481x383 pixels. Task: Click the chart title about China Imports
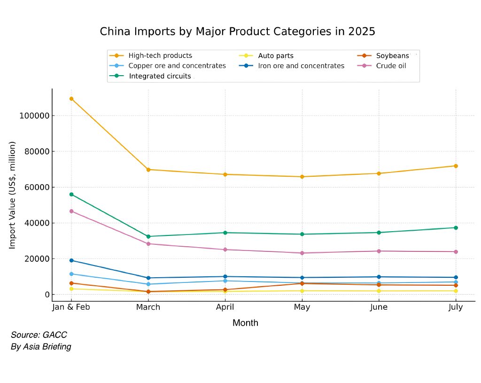tap(237, 31)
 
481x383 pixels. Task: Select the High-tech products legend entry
tap(160, 55)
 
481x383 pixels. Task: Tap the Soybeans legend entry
tap(393, 55)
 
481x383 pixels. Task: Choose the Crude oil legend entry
tap(391, 66)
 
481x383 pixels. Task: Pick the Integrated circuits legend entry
tap(160, 76)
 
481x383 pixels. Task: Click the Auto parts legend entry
tap(276, 55)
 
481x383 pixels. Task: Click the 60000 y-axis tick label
tap(36, 187)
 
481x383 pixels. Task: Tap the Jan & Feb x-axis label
tap(71, 307)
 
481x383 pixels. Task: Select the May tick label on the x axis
tap(302, 307)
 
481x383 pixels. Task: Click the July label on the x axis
tap(456, 307)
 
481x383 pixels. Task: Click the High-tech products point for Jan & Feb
tap(71, 99)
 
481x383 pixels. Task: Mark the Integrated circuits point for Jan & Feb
tap(71, 194)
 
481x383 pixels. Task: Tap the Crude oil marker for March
tap(148, 243)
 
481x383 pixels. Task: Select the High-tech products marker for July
tap(456, 166)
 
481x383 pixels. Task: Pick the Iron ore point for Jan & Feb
tap(71, 260)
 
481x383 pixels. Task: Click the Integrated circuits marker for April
tap(225, 233)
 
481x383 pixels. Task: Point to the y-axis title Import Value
tap(13, 195)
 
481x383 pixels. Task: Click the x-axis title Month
tap(245, 323)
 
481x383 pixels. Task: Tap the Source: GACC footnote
tap(39, 335)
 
